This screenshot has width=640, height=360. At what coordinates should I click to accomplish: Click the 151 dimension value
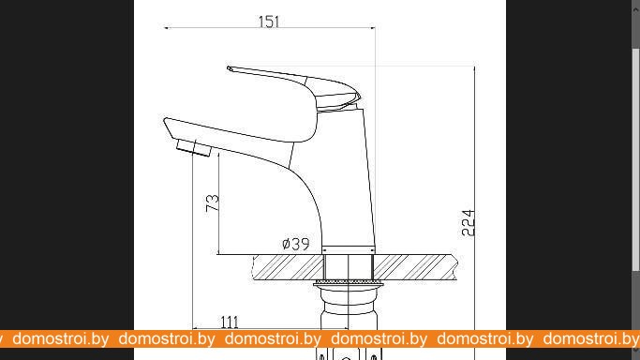coord(269,22)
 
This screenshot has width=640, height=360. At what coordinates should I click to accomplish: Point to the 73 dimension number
coord(213,202)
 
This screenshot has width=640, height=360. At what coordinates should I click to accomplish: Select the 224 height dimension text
coord(469,223)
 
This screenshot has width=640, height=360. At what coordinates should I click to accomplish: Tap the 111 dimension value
coord(230,322)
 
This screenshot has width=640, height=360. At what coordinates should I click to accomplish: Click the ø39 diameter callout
coord(296,244)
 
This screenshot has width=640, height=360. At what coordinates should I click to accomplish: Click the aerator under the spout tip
coord(194,148)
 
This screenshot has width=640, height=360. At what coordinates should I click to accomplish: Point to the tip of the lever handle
coord(230,68)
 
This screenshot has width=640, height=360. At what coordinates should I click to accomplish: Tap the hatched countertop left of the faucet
coord(289,267)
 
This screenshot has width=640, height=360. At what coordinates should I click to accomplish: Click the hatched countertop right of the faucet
coord(415,267)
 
